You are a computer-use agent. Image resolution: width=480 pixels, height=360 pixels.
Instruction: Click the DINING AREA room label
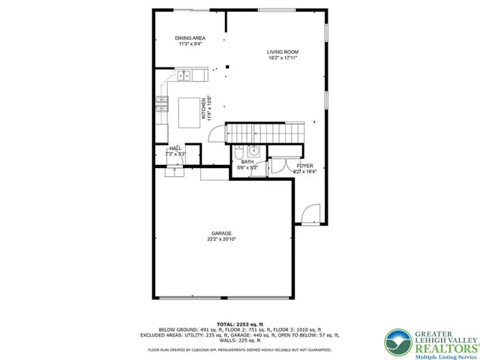coord(190,37)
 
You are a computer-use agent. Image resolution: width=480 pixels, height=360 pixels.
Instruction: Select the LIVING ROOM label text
coord(283,52)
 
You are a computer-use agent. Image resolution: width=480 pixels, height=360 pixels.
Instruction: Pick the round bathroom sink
coord(254,149)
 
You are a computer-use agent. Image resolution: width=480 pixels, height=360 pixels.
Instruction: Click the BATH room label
coord(247,162)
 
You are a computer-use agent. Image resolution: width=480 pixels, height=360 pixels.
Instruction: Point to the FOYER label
coord(304,165)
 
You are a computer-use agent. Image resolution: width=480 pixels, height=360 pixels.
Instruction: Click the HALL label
coord(175,148)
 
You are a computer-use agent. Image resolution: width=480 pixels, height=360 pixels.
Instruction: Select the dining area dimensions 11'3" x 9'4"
coord(190,43)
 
